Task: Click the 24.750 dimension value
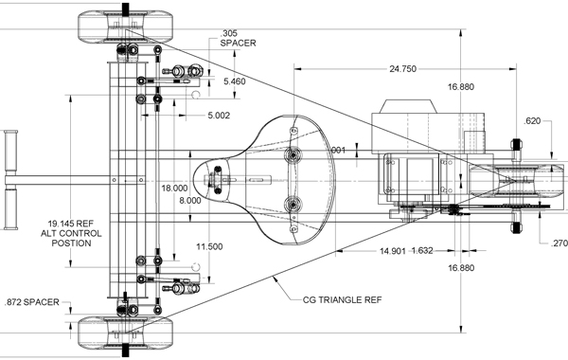[403, 69]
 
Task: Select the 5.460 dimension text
[235, 81]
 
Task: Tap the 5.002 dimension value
[219, 116]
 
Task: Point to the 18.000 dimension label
[174, 189]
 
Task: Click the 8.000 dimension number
[190, 201]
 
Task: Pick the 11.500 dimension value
[209, 247]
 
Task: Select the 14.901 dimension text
[393, 251]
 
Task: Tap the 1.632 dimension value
[422, 250]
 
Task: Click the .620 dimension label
[532, 121]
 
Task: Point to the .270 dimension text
[559, 243]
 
